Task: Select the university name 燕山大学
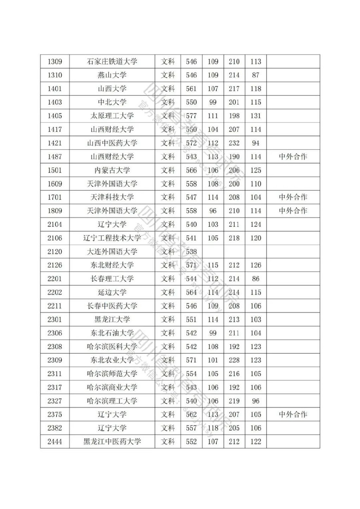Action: coord(112,75)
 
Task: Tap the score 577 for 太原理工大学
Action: coord(191,116)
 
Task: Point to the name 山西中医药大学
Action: coord(112,143)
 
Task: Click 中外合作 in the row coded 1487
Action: coord(293,157)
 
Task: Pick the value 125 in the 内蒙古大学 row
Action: coord(256,170)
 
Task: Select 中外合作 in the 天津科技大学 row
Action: coord(293,197)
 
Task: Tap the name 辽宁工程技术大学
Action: coord(112,238)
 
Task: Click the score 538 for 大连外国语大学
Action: coord(191,252)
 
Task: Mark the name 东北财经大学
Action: coord(112,265)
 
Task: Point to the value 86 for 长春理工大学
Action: coord(256,279)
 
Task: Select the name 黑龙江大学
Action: coord(112,320)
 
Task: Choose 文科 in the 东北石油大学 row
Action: coord(168,333)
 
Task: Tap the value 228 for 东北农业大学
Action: coord(234,360)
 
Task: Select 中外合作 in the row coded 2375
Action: coord(293,414)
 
